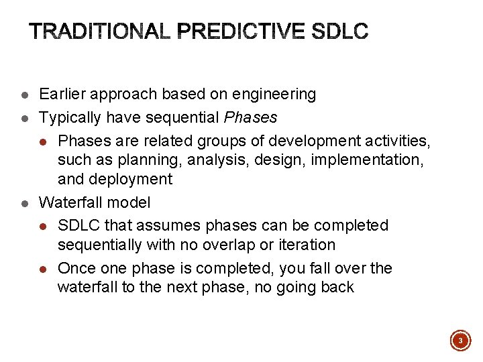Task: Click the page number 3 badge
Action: pyautogui.click(x=460, y=341)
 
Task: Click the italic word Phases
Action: pyautogui.click(x=250, y=117)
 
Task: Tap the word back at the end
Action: pyautogui.click(x=337, y=288)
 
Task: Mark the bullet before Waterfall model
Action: pyautogui.click(x=23, y=202)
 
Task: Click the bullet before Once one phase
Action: pyautogui.click(x=42, y=269)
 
